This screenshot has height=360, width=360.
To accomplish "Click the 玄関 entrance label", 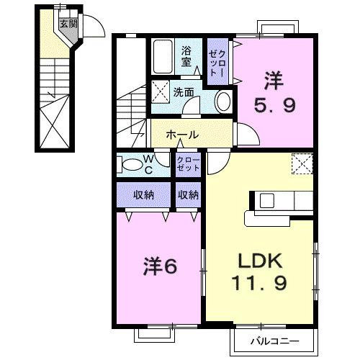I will click(x=67, y=24).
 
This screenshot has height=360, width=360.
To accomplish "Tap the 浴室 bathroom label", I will click(x=186, y=55).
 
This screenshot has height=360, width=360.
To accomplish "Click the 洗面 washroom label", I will click(x=184, y=91).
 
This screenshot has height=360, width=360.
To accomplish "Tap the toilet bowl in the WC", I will click(x=132, y=165).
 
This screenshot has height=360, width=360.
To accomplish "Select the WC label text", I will click(x=146, y=164).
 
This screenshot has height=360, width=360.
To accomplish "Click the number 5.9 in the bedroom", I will click(x=274, y=107).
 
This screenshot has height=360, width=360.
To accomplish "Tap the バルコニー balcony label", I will click(x=274, y=339).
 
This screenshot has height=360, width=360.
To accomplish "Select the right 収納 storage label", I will click(x=189, y=194).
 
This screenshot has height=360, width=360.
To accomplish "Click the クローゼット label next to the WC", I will click(x=189, y=163).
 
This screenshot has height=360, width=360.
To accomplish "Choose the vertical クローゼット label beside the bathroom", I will click(x=216, y=63).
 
